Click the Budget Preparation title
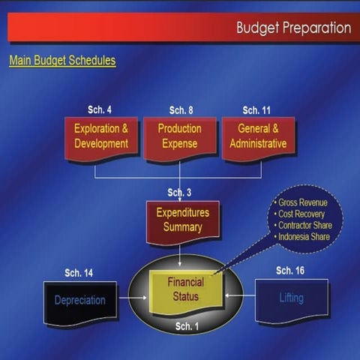click(x=293, y=28)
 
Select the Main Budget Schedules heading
click(x=62, y=60)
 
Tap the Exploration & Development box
click(x=101, y=136)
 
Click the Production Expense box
click(x=179, y=136)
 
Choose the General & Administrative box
click(x=258, y=136)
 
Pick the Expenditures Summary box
click(x=182, y=220)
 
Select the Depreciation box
click(x=80, y=301)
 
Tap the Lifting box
click(x=292, y=298)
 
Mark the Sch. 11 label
click(x=257, y=110)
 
